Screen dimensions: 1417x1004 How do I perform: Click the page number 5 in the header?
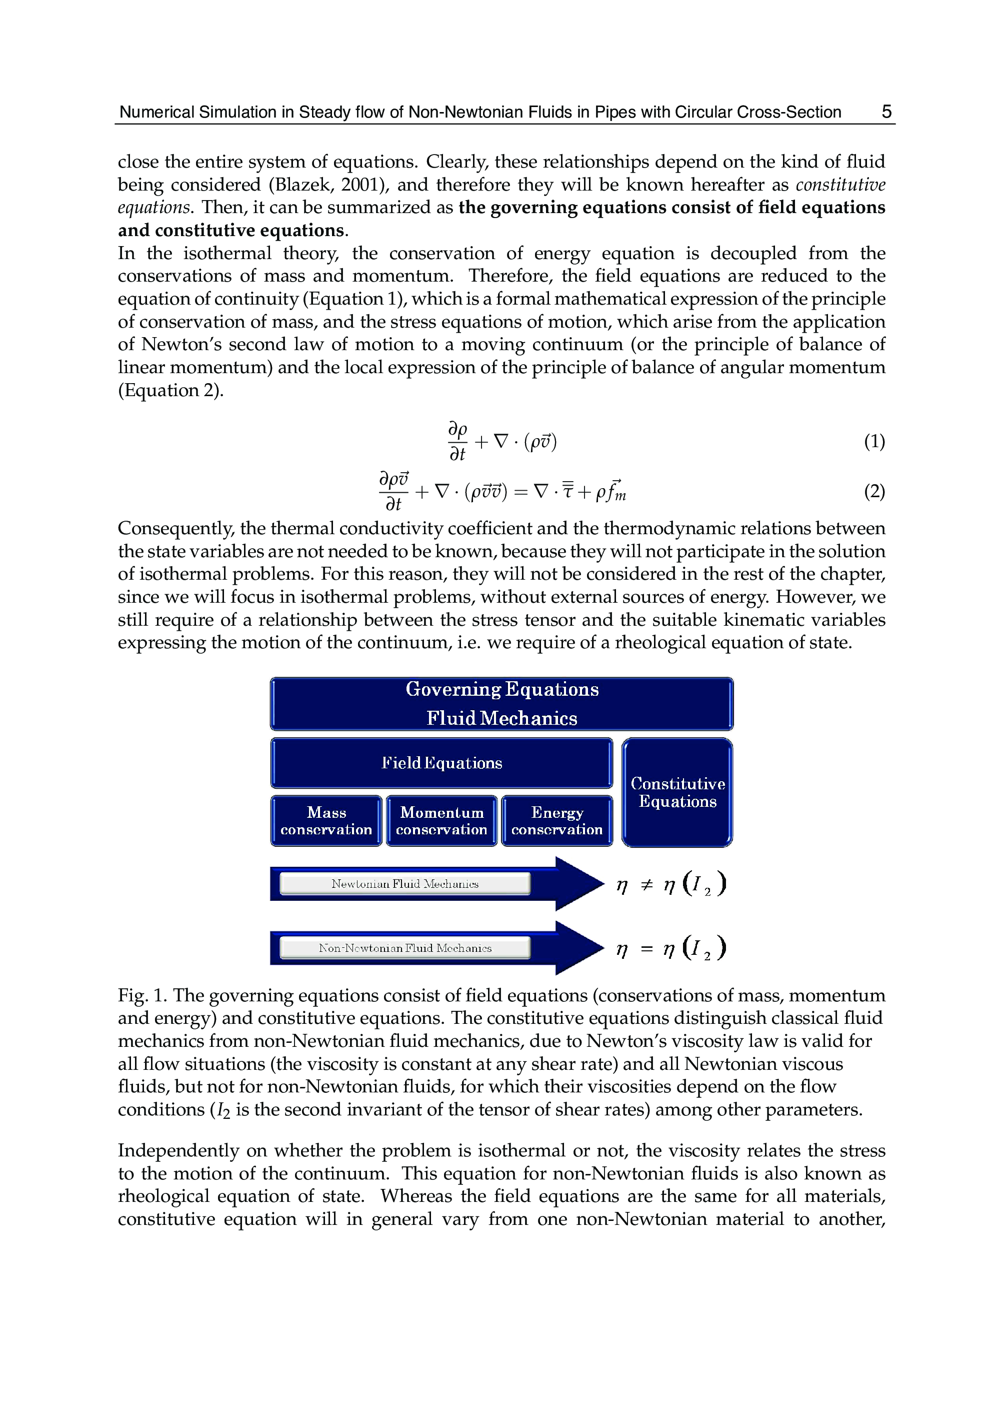pyautogui.click(x=886, y=112)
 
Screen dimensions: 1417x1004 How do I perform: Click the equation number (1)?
pyautogui.click(x=874, y=441)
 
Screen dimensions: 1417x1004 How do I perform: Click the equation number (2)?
pyautogui.click(x=874, y=491)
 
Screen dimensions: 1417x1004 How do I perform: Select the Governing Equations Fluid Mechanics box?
pyautogui.click(x=501, y=704)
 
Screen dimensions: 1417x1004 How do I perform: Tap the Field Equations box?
pyautogui.click(x=441, y=763)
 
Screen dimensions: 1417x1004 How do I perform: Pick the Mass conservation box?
pyautogui.click(x=326, y=821)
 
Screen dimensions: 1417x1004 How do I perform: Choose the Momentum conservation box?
pyautogui.click(x=441, y=821)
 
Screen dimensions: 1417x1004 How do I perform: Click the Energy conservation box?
pyautogui.click(x=556, y=821)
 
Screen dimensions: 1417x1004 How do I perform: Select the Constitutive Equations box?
pyautogui.click(x=677, y=792)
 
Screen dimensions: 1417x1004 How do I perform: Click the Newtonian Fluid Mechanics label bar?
pyautogui.click(x=405, y=884)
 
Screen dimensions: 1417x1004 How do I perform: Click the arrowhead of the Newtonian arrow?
pyautogui.click(x=578, y=884)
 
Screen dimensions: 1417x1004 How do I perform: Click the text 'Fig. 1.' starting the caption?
pyautogui.click(x=141, y=995)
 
